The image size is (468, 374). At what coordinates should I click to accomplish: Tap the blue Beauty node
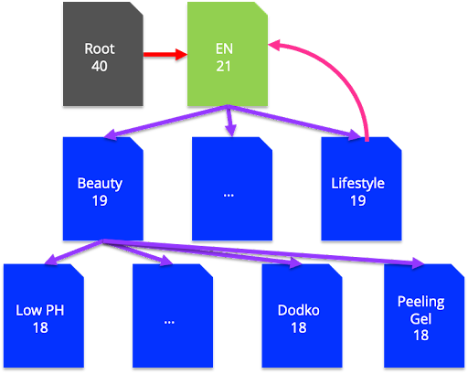point(99,190)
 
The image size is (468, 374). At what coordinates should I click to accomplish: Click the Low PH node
point(40,316)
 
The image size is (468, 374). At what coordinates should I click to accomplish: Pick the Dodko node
point(298,316)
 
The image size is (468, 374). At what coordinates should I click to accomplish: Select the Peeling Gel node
point(420,316)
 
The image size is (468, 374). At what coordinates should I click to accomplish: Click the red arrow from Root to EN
point(166,55)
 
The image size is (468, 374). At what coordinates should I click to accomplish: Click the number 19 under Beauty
point(99,200)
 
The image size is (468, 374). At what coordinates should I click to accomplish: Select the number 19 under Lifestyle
point(357,200)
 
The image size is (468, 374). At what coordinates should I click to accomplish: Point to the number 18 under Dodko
point(298,326)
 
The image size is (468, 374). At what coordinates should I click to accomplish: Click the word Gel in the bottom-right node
point(420,317)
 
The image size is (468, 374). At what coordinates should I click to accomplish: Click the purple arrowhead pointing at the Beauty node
point(111,135)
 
